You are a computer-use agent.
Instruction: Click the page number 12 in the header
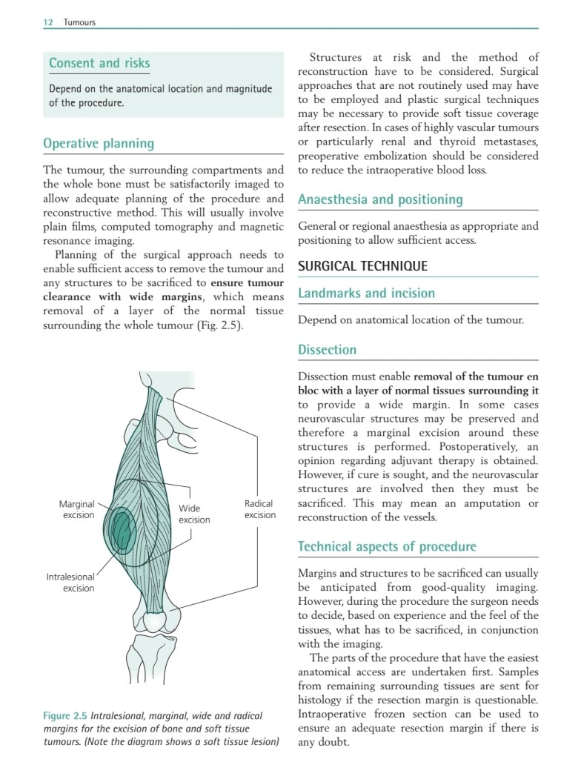click(x=47, y=22)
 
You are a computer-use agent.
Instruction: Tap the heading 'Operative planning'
click(x=99, y=144)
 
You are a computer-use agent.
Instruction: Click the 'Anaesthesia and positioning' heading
click(x=380, y=199)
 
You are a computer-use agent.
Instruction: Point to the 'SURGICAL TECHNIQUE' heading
click(x=362, y=266)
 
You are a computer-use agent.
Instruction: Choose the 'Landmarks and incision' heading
click(x=366, y=294)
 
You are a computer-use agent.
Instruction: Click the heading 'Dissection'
click(x=327, y=350)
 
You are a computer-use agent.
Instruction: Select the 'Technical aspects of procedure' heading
click(x=387, y=547)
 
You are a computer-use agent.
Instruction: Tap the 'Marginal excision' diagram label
click(x=76, y=509)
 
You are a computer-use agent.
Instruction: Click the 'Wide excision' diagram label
click(x=193, y=514)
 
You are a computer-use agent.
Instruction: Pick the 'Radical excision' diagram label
click(x=259, y=509)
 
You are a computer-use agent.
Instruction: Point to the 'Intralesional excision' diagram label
click(x=70, y=582)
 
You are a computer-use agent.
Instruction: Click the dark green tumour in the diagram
click(x=121, y=528)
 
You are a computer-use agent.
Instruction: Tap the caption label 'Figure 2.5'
click(x=64, y=716)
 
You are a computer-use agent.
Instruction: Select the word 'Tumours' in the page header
click(x=79, y=22)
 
